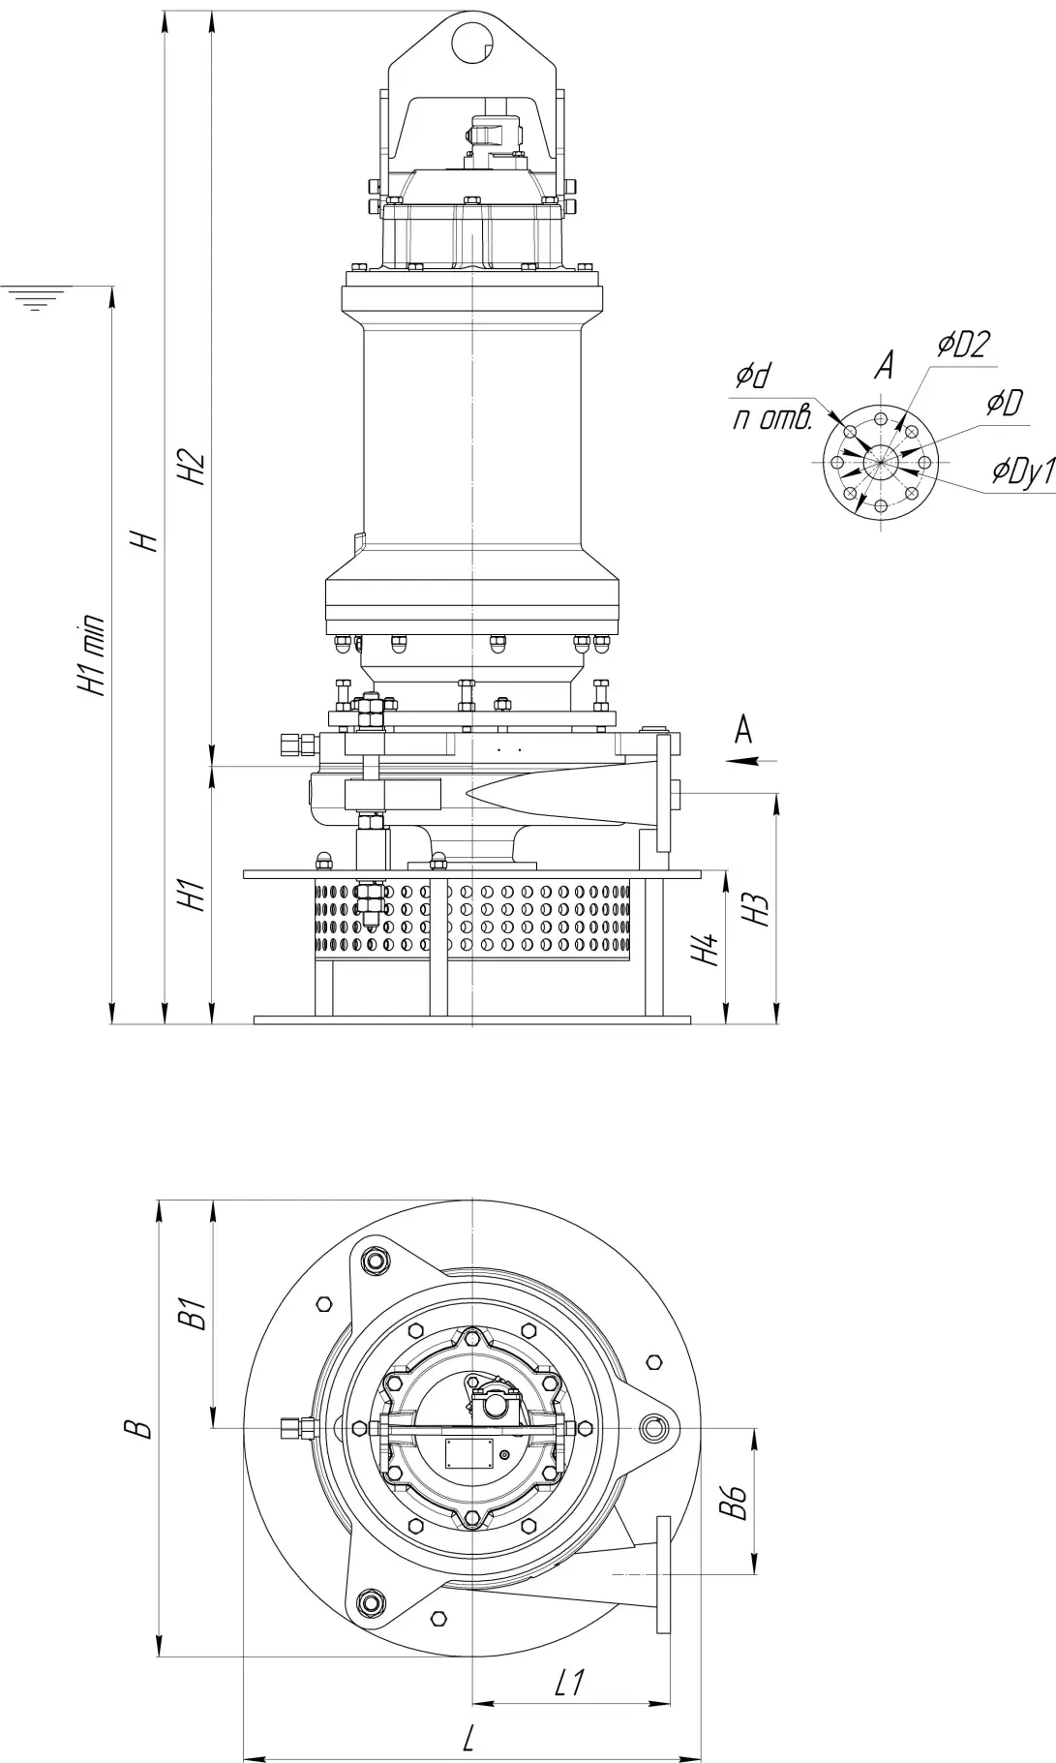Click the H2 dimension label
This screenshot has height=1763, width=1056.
pos(195,469)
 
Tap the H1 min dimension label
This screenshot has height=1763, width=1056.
pos(94,654)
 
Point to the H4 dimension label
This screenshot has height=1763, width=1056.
pos(709,950)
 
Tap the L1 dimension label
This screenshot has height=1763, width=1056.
pos(570,1684)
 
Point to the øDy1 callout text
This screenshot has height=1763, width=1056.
pos(1022,471)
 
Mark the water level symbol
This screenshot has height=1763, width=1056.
pos(36,297)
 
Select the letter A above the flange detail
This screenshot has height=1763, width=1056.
pos(883,365)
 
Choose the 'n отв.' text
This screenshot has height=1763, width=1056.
pos(771,419)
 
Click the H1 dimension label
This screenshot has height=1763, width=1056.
pos(195,896)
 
